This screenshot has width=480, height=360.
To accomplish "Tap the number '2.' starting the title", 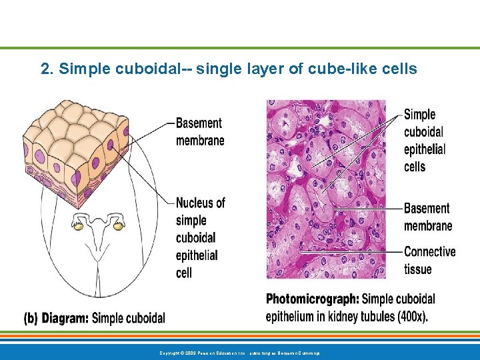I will (47, 69).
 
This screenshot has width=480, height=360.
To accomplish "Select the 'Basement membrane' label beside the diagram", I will (199, 131).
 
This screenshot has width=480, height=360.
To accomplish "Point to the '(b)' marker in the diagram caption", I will (31, 319).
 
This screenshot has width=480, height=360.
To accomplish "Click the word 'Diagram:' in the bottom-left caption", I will (65, 319).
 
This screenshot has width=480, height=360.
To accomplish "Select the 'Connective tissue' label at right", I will (429, 261).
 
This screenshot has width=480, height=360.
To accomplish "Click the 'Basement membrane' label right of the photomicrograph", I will (427, 217).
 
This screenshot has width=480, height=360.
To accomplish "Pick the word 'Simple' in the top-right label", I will (420, 115).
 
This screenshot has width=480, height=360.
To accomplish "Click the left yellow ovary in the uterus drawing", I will (79, 227).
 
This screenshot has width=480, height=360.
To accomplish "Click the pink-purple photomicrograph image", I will (326, 189).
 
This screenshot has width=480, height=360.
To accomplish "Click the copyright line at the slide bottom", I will (239, 351).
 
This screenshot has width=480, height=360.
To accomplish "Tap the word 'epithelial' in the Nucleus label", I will (196, 255).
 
